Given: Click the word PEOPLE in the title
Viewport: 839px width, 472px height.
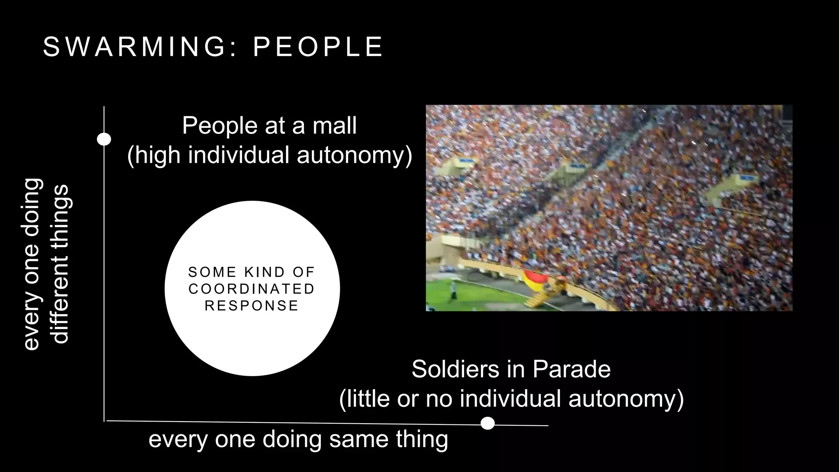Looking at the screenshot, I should point(318,47).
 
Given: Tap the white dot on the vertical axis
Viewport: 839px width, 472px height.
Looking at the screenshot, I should point(104,139).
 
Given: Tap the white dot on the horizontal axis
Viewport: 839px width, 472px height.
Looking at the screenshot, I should point(488,423).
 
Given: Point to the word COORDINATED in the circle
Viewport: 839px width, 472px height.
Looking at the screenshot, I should point(252,289).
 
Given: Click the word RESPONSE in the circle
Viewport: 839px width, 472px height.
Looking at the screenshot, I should point(252,306).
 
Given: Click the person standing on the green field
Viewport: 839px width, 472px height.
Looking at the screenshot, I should point(454,290).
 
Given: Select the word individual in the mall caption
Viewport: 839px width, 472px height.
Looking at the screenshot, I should point(239,156).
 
